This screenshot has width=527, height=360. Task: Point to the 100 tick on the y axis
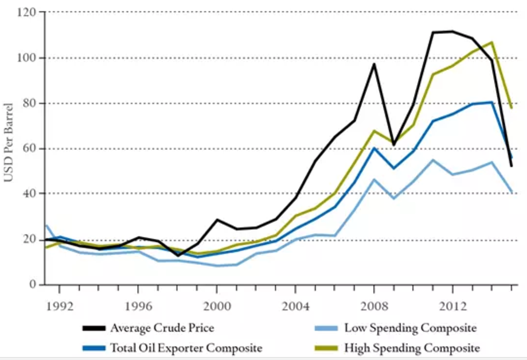(29, 57)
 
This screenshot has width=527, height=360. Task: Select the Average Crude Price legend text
(162, 328)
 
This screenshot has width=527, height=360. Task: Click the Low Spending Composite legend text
(410, 328)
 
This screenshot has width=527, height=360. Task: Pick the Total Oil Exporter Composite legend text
(186, 348)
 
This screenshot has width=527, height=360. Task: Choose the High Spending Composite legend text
(412, 348)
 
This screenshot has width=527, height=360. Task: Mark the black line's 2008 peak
(374, 64)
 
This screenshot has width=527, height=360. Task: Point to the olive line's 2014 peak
(492, 42)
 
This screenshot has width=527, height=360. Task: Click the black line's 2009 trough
(394, 145)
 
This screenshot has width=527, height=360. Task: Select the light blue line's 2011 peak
(433, 160)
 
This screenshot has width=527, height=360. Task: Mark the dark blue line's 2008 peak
(374, 148)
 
